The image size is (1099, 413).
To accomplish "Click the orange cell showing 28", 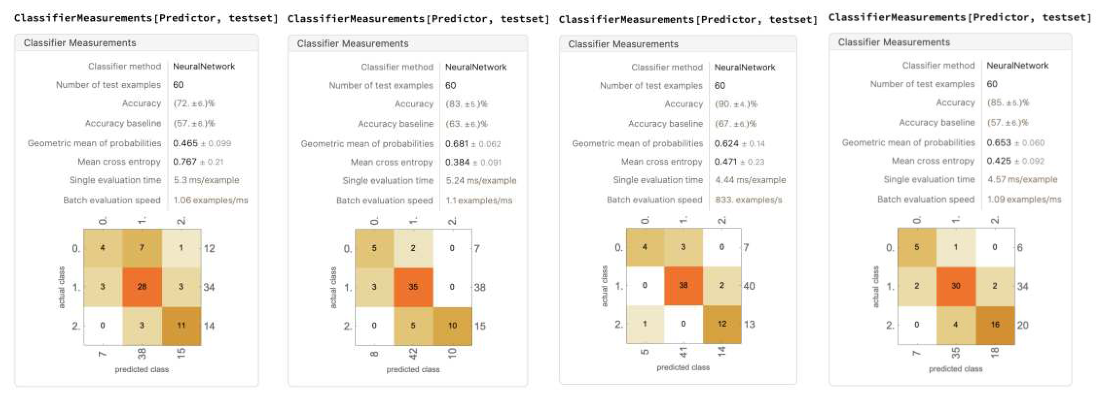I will pos(142,287).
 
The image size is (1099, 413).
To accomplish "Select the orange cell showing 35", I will pos(413,287).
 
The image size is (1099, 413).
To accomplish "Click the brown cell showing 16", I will pos(995,325).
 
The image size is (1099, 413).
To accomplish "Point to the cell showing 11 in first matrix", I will pos(181,325).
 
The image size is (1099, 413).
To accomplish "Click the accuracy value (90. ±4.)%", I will pos(736,104).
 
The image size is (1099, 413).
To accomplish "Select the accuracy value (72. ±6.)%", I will pos(194,103).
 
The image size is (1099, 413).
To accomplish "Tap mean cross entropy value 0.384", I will pos(457,162).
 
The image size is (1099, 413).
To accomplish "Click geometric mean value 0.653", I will pos(998,143).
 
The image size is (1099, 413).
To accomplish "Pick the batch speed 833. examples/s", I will pos(748,200).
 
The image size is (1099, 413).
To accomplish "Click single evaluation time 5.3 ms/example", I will pos(206,180).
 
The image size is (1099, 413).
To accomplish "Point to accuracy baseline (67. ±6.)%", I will pos(735,124).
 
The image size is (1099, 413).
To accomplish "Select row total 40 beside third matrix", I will pos(749,286).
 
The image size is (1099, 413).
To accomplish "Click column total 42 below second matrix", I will pos(413,353).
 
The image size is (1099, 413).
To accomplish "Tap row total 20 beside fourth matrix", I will pos(1022,325).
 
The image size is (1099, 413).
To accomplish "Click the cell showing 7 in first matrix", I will pos(142,248).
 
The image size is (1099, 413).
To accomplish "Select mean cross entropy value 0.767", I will pos(185,161).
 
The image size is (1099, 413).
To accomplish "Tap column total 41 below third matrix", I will pos(683,352).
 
